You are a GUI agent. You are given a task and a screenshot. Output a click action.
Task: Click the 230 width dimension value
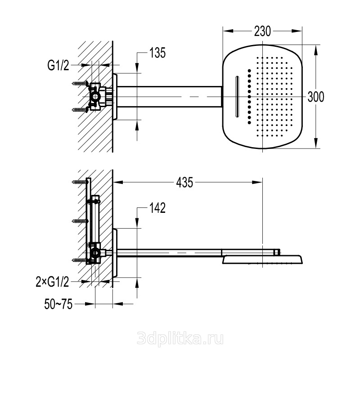[262, 31]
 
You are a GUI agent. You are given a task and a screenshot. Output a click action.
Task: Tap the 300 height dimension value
[315, 97]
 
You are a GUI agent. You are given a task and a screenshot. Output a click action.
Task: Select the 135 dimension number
[157, 53]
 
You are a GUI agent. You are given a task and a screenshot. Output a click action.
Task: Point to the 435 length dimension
[184, 182]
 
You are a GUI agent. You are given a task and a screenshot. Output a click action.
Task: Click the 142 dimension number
[157, 208]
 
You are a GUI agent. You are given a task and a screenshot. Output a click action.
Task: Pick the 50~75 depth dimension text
[58, 305]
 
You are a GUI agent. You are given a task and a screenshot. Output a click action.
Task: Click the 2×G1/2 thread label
[52, 282]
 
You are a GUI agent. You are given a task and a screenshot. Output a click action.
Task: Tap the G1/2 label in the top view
[58, 66]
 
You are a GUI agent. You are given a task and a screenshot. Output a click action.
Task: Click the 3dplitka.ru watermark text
[180, 339]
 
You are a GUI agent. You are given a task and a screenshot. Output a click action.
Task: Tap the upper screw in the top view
[80, 83]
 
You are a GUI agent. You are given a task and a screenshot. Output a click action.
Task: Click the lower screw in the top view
[80, 109]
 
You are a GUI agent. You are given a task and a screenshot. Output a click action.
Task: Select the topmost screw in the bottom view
[80, 182]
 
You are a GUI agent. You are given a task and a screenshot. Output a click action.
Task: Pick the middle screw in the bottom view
[80, 221]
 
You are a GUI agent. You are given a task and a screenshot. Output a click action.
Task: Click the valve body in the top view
[97, 96]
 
